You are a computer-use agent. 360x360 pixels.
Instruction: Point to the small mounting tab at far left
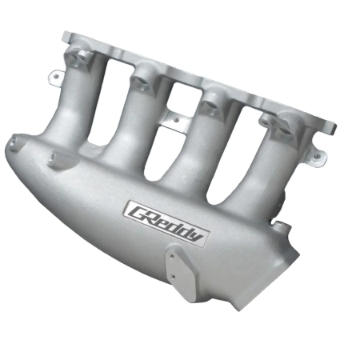[56, 77]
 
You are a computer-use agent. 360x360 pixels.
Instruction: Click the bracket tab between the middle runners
[166, 120]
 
